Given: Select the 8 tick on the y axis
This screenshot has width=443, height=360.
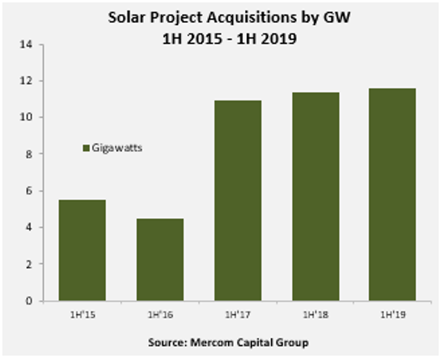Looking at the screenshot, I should click(x=30, y=154).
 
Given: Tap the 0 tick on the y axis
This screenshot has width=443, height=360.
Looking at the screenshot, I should click(x=30, y=301).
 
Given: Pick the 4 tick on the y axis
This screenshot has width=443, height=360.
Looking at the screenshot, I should click(x=30, y=228).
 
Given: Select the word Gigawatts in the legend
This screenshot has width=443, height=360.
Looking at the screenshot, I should click(x=117, y=147).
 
